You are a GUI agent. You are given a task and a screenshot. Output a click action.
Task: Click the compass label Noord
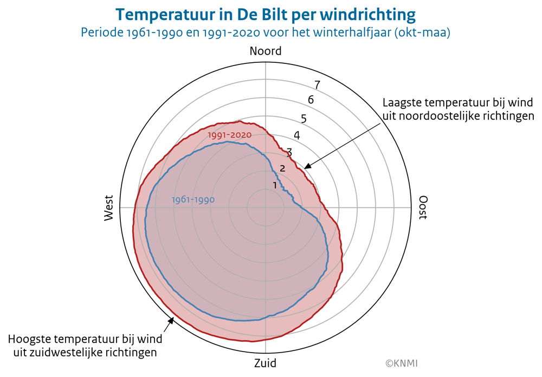tap(266, 51)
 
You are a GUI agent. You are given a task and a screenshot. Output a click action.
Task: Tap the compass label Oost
tap(423, 207)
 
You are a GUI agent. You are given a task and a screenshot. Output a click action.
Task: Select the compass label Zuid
tap(265, 362)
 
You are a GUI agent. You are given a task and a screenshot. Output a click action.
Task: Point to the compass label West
tap(109, 207)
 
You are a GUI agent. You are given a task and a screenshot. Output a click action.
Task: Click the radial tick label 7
tap(317, 85)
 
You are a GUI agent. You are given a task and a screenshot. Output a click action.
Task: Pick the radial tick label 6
tap(311, 100)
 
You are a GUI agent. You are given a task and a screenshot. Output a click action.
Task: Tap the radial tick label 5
tap(304, 119)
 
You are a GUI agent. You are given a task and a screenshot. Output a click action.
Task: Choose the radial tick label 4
tap(296, 135)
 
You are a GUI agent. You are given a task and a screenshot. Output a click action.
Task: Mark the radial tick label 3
tap(289, 152)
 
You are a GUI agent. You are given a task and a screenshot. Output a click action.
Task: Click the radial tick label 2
tap(282, 168)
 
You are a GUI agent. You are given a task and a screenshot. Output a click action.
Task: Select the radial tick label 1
tap(275, 185)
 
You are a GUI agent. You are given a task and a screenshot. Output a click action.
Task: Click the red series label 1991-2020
tap(230, 134)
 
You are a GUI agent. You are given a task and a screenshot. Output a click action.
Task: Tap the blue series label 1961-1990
tap(193, 200)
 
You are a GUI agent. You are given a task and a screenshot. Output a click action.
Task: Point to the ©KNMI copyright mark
tap(402, 363)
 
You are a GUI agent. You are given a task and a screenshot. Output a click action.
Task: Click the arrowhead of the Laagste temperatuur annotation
tap(306, 167)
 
